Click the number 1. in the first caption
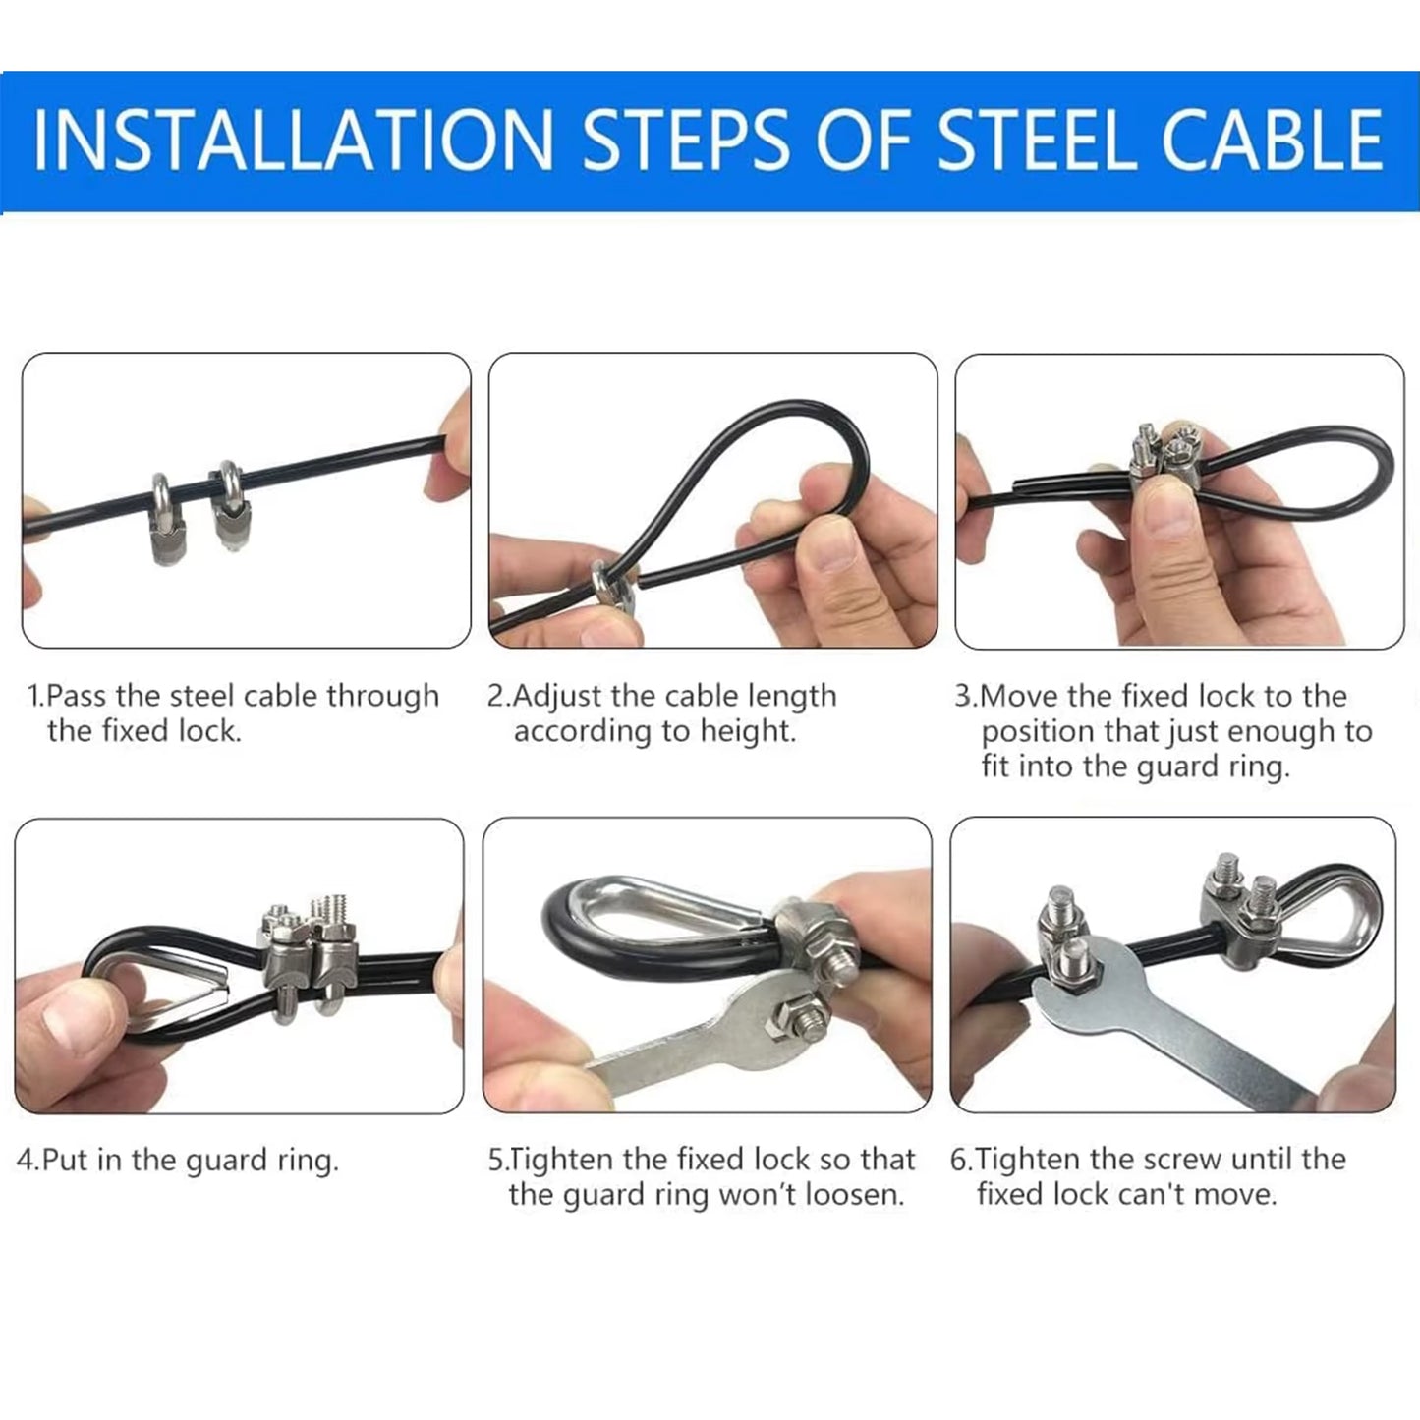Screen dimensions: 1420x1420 click(35, 696)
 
